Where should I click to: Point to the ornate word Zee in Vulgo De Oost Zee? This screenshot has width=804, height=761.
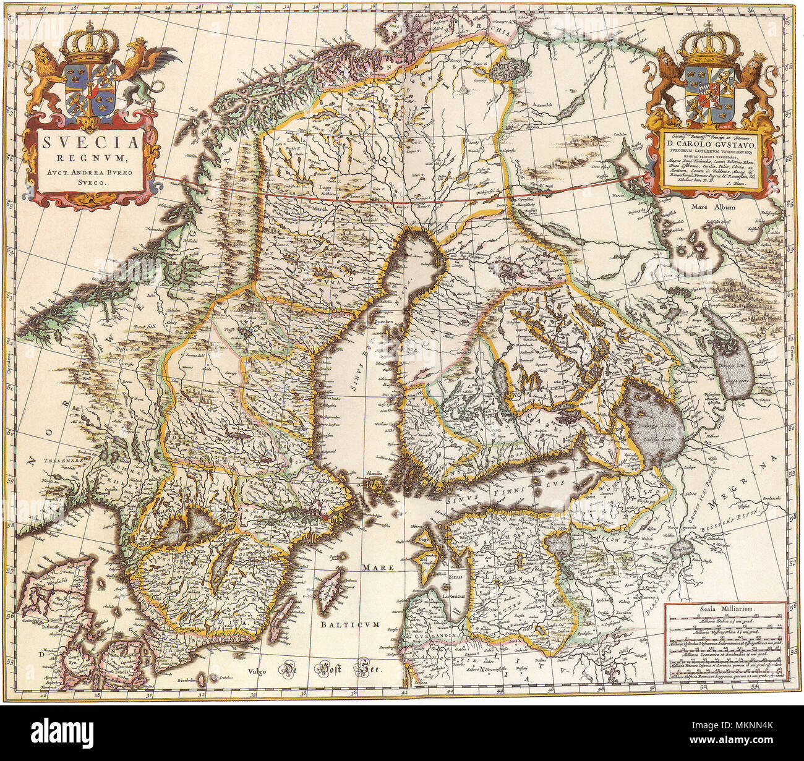click(364, 670)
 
